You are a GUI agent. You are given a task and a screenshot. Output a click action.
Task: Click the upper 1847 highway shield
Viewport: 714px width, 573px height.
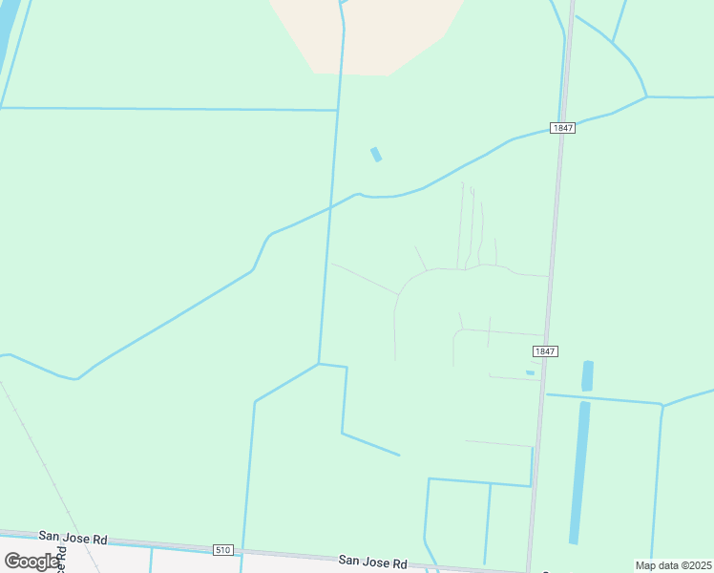[x=563, y=128]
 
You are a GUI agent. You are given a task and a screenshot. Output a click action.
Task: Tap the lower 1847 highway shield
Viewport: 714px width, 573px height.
[x=544, y=351]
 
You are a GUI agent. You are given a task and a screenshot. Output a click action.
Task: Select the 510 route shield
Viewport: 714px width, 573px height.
[x=223, y=550]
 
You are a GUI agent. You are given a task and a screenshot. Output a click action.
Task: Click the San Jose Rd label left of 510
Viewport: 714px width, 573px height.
[x=74, y=539]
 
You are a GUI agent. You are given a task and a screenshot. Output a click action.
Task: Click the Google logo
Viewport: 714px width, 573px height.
[x=32, y=562]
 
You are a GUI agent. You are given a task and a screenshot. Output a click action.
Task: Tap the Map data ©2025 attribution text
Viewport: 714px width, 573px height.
[x=673, y=565]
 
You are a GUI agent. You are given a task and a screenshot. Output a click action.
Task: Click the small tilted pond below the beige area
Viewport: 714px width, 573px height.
[x=376, y=154]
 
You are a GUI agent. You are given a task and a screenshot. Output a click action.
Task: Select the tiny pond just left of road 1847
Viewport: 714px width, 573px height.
[x=530, y=372]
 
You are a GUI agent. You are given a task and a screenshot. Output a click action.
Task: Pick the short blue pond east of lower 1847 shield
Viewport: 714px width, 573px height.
[x=587, y=375]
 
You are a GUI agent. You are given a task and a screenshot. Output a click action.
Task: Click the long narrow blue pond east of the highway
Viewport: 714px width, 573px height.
[x=579, y=473]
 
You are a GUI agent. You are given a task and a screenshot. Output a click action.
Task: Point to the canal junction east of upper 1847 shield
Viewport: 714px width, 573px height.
[x=646, y=96]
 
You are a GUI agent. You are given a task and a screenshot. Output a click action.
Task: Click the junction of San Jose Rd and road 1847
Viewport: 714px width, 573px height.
[x=528, y=570]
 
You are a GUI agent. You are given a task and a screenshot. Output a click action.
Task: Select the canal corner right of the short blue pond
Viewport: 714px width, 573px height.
[x=661, y=405]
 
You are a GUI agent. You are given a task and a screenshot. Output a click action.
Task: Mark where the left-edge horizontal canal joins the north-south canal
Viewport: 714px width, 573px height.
[x=337, y=110]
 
